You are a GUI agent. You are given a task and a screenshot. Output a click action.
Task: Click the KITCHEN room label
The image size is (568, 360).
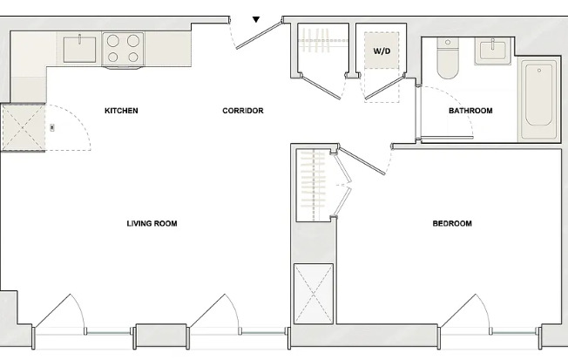[x=121, y=111]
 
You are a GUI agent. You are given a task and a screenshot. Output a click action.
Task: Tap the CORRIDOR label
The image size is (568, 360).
[x=242, y=111]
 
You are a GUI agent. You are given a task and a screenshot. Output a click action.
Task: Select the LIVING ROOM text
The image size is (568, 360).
[x=152, y=224]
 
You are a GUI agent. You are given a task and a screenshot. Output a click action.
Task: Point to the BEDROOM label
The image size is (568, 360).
[x=452, y=224]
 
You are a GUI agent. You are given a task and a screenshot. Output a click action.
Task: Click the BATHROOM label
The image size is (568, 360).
[x=470, y=111]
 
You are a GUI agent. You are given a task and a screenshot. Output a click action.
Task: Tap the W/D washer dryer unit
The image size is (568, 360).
[x=382, y=51]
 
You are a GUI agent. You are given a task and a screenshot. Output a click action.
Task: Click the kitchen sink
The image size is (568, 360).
[x=80, y=49]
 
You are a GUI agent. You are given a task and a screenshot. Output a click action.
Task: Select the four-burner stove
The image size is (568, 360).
[x=123, y=49]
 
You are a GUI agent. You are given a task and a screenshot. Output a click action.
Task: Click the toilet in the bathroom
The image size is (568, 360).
[x=447, y=59]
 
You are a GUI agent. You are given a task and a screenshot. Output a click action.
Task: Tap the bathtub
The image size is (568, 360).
[x=541, y=100]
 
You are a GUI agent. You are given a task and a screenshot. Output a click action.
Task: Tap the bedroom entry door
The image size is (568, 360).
[x=362, y=161]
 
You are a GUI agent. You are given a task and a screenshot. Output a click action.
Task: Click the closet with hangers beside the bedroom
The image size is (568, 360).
[x=313, y=185]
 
